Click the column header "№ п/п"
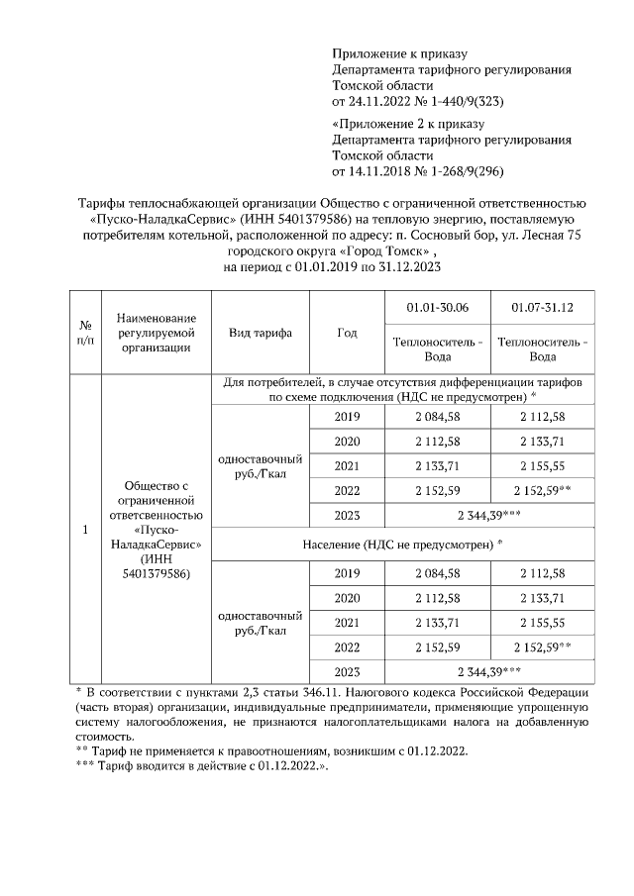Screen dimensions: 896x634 click(85, 333)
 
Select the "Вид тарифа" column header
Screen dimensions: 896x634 click(261, 333)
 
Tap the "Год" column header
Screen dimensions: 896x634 click(347, 333)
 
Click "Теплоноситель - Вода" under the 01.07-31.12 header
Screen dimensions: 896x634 click(542, 348)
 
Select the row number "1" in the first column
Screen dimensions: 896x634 click(85, 530)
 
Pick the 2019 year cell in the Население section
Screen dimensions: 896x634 click(347, 573)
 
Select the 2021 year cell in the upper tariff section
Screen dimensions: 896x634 click(347, 465)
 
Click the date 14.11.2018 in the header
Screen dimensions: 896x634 click(370, 171)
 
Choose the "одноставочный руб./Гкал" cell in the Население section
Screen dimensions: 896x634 click(261, 622)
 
